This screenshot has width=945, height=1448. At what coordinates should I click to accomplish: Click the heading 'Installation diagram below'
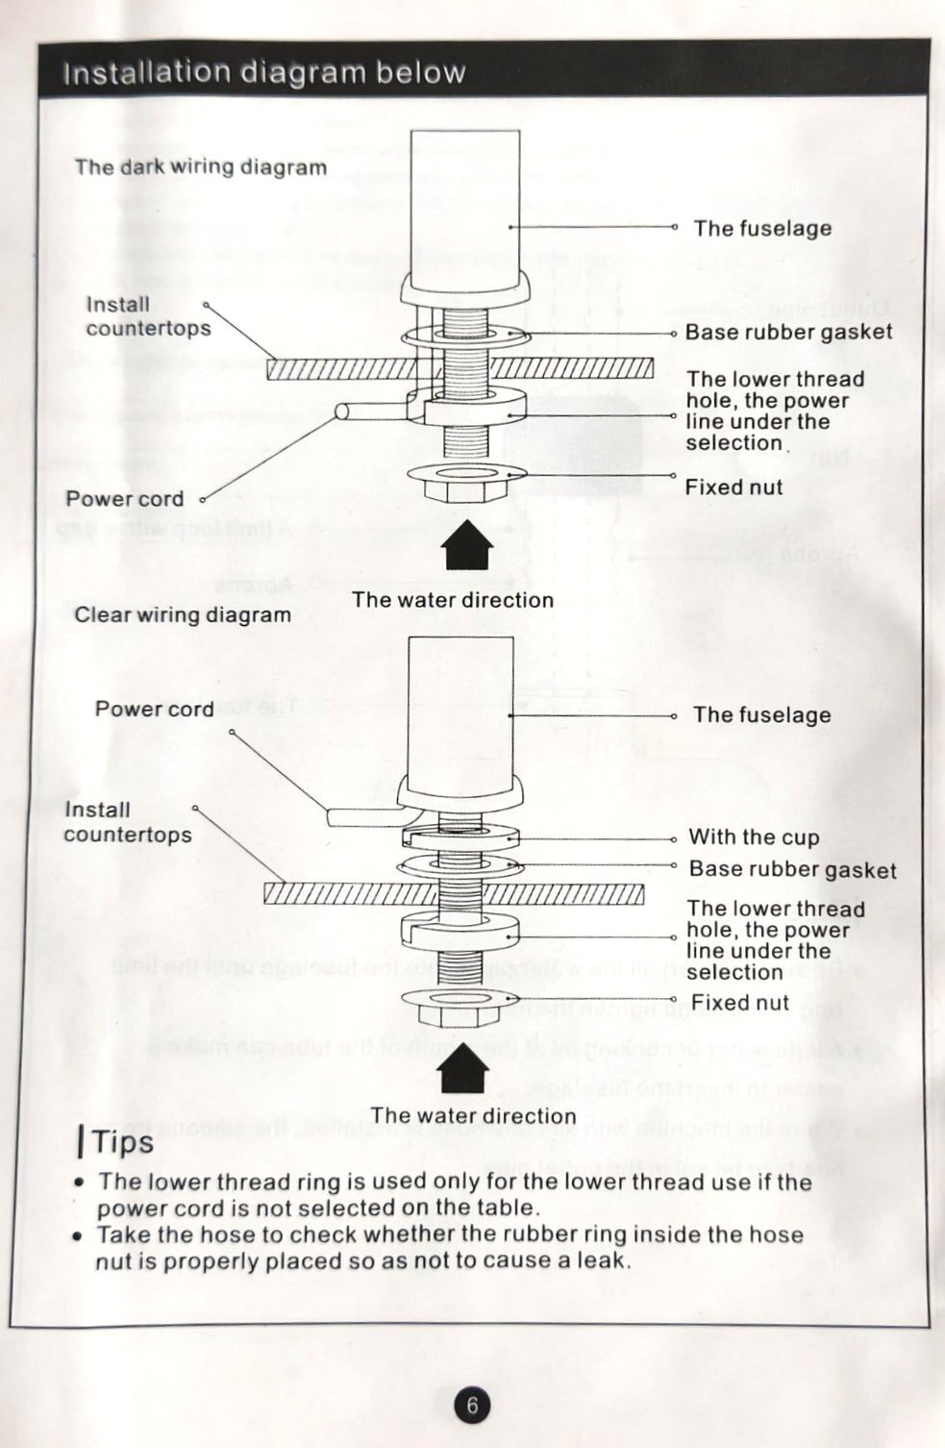(x=263, y=72)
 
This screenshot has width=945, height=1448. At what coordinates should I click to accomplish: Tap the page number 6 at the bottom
(x=472, y=1406)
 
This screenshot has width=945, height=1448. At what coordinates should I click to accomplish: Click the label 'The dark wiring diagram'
(x=201, y=167)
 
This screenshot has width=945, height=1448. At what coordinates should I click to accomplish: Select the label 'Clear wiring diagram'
(x=183, y=615)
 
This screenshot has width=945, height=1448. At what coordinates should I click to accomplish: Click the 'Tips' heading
(x=122, y=1142)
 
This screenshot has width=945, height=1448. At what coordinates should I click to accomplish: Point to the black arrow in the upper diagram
(x=467, y=545)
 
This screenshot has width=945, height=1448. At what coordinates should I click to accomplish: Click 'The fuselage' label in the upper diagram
(x=762, y=229)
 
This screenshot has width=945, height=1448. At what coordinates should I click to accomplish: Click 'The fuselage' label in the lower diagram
(x=762, y=715)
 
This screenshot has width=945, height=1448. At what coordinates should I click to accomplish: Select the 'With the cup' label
(x=754, y=837)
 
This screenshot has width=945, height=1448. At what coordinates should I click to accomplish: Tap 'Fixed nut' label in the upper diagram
(x=734, y=487)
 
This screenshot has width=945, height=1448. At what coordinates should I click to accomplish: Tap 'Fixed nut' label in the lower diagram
(x=739, y=1003)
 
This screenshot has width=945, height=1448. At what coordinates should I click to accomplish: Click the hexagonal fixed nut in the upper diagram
(x=458, y=487)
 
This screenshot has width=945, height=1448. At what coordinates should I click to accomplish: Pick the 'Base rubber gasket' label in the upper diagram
(x=788, y=333)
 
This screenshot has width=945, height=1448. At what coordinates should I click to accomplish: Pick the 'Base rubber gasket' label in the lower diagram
(x=792, y=870)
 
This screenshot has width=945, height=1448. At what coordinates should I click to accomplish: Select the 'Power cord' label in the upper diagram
(x=124, y=499)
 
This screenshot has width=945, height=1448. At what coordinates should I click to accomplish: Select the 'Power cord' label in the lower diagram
(x=154, y=710)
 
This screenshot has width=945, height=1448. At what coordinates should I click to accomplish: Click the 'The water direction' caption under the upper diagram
(x=453, y=600)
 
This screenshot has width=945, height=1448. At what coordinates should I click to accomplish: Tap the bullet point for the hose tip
(x=79, y=1236)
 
